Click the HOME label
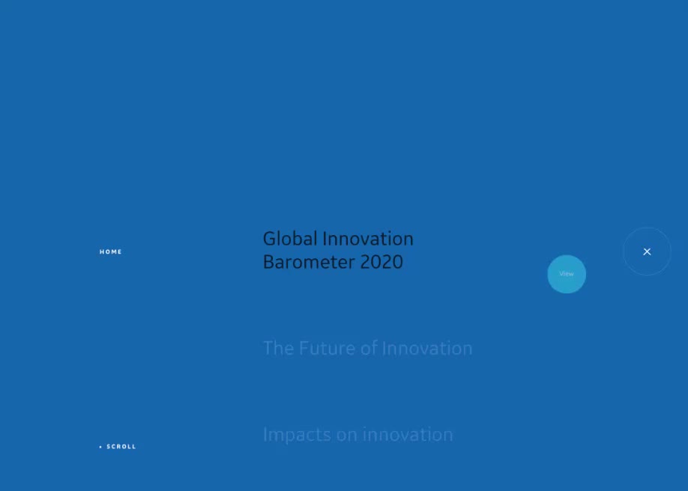click(111, 251)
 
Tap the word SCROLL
click(121, 447)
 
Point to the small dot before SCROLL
click(100, 447)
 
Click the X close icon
click(647, 251)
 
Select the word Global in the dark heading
click(290, 239)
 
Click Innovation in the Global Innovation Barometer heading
click(368, 239)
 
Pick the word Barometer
click(309, 262)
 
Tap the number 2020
click(381, 262)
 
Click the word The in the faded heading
click(278, 348)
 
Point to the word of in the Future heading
click(369, 348)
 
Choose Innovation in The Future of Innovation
click(427, 348)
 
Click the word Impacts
click(297, 435)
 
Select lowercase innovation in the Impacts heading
click(408, 435)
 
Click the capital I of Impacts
click(265, 434)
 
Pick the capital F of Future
click(304, 349)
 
